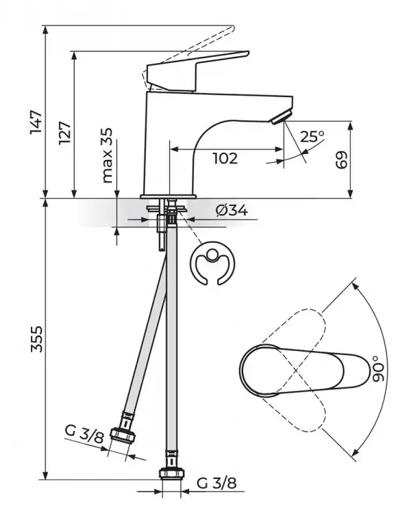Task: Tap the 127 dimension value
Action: [64, 131]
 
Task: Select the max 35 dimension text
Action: [106, 155]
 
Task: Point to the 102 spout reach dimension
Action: [225, 159]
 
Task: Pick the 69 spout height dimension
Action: [342, 160]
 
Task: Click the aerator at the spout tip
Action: [280, 119]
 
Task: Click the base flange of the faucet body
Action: [168, 196]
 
